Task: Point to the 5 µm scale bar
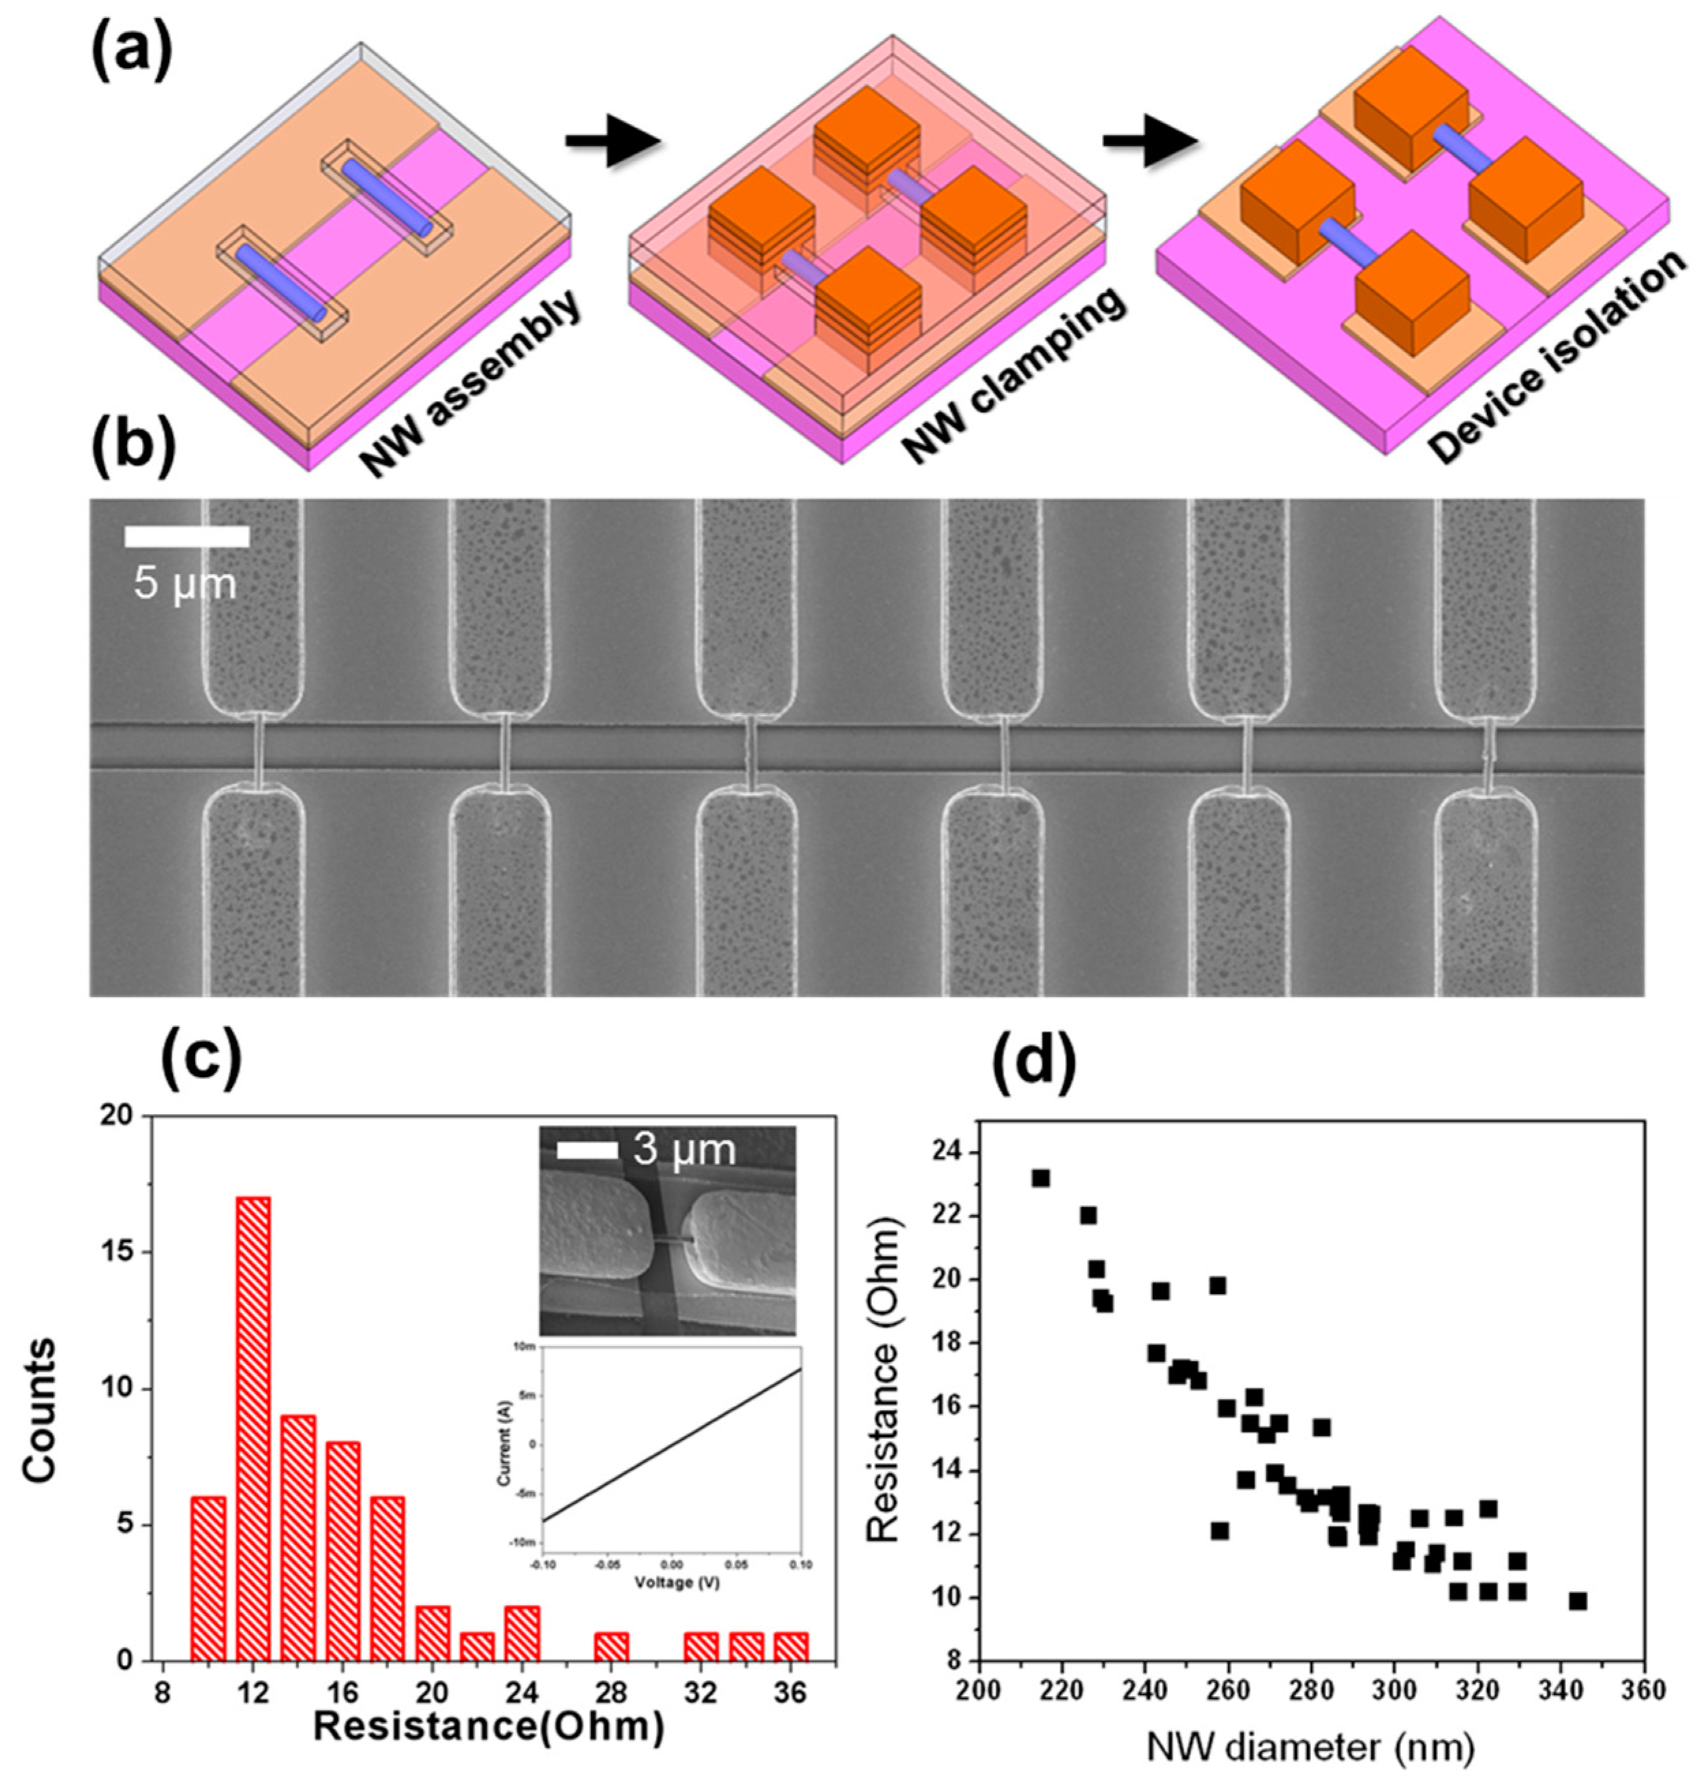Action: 187,537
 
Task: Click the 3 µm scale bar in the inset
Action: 587,1151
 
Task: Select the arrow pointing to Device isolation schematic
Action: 1148,141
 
